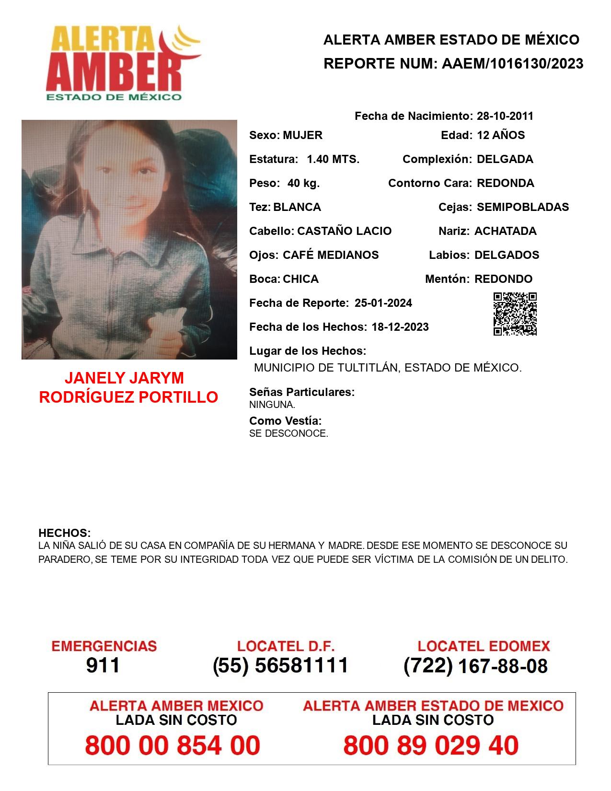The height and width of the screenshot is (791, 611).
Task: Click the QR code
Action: [x=515, y=314]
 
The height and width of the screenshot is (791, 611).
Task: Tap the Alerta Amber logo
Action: [x=122, y=62]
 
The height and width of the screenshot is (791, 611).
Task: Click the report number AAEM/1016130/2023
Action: [x=512, y=64]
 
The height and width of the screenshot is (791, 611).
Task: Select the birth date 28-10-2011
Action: [x=505, y=116]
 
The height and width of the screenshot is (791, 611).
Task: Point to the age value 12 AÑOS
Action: [x=501, y=135]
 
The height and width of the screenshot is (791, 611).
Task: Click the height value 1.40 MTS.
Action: [x=333, y=159]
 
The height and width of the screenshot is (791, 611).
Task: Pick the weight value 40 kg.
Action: [x=303, y=183]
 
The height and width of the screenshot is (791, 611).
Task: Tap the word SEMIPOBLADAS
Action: [x=523, y=207]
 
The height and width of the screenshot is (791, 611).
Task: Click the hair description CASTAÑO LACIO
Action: [x=344, y=231]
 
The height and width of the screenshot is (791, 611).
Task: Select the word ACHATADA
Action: [x=505, y=231]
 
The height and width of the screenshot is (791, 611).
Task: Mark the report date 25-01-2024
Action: [x=383, y=303]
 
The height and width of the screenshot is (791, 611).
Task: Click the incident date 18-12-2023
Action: [x=400, y=327]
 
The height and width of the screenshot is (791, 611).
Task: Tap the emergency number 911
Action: [x=103, y=665]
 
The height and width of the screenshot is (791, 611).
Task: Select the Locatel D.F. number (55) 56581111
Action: [x=280, y=665]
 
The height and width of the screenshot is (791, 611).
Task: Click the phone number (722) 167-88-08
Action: [x=475, y=666]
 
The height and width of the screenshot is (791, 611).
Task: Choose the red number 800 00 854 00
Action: [x=173, y=745]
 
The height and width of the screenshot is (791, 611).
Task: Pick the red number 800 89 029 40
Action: [x=431, y=745]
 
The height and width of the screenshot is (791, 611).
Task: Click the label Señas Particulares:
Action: [x=302, y=392]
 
